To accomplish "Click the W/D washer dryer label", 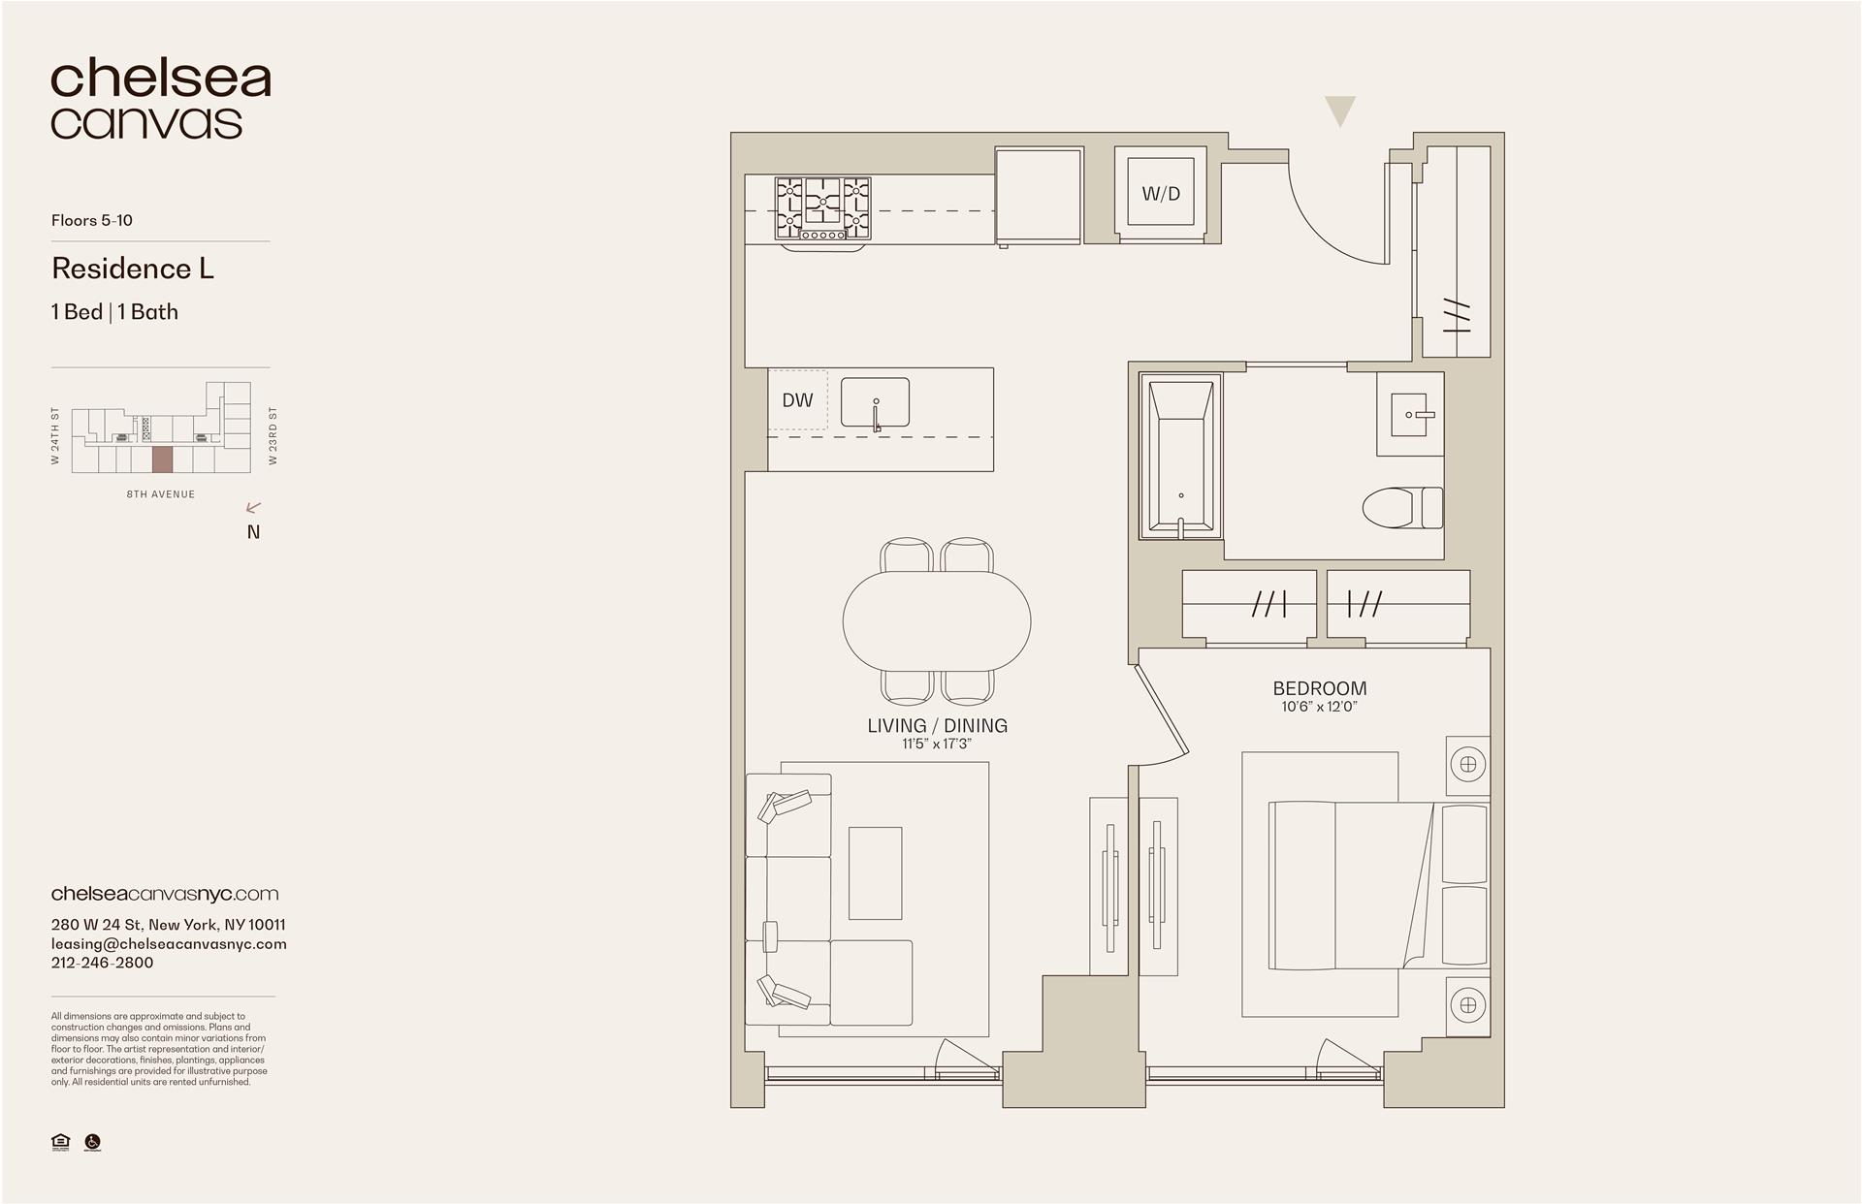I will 1161,194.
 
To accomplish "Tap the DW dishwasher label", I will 797,400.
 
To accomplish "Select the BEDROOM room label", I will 1319,688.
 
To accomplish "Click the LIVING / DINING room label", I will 937,725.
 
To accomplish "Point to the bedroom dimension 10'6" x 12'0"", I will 1319,707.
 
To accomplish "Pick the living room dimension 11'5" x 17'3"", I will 937,744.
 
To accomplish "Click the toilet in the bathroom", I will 1402,508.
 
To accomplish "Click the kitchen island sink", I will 875,402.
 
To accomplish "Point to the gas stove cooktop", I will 822,207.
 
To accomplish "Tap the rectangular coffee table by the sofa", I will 875,872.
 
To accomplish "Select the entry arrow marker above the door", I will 1340,111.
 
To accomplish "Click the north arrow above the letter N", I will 254,507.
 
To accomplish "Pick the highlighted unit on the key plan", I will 162,459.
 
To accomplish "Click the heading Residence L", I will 133,269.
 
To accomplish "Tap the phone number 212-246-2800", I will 102,963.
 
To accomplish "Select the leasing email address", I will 169,943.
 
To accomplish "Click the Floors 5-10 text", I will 92,220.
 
